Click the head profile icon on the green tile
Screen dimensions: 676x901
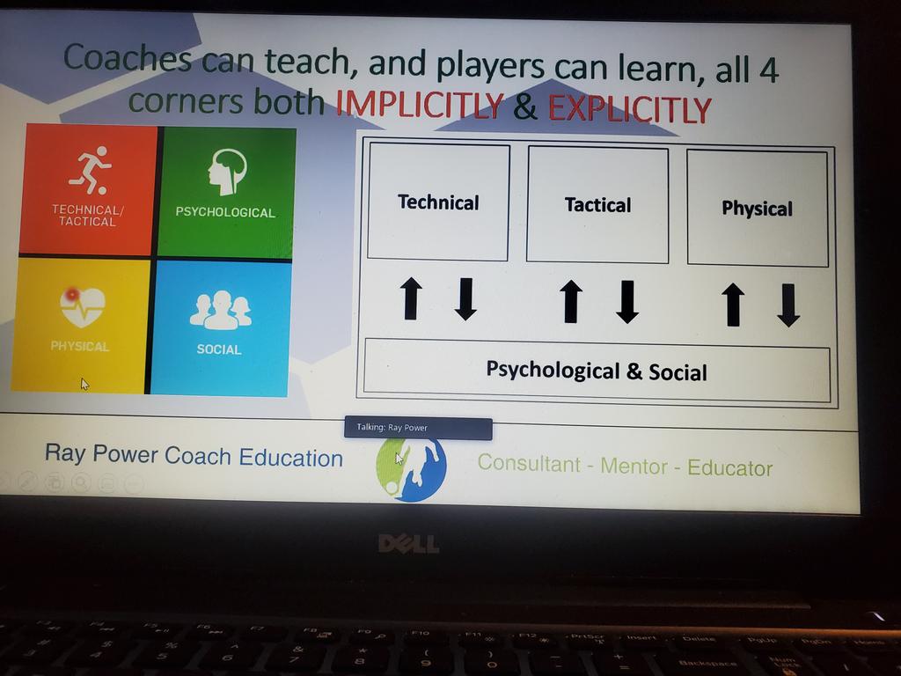[226, 171]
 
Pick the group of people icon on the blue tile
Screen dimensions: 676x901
[220, 310]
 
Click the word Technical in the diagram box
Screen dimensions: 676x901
[438, 202]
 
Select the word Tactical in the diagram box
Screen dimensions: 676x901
[597, 205]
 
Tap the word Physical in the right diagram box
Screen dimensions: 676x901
[757, 209]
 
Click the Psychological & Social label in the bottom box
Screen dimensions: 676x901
[597, 371]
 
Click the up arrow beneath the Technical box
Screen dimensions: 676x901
[411, 298]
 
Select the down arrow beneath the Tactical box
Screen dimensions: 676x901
[626, 302]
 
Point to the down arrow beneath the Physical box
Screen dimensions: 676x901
[788, 305]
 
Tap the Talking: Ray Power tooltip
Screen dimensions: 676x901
[418, 428]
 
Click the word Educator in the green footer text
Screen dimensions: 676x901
[729, 468]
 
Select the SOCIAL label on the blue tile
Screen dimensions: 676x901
[219, 349]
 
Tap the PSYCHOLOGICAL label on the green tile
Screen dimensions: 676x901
[225, 212]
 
